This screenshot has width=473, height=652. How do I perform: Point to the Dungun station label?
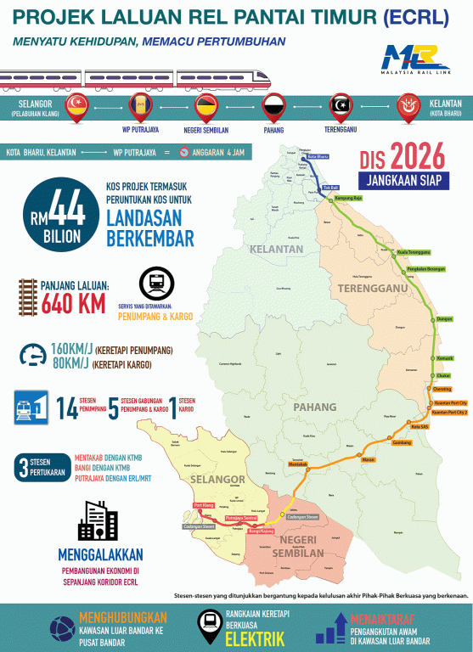point(444,319)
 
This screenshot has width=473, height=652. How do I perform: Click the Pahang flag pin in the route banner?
point(273,108)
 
